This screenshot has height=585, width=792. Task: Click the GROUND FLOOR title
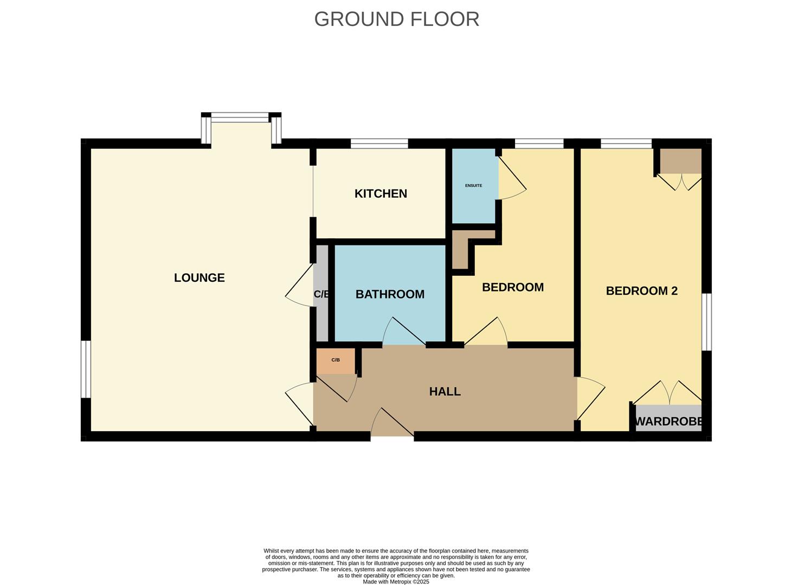pos(396,19)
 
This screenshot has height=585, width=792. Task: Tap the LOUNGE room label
pos(199,278)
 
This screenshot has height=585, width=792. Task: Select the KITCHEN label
pos(381,193)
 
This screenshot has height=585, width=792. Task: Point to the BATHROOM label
pos(390,294)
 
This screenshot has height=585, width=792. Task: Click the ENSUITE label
pos(473,186)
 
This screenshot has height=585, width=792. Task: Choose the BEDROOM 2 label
pos(641,291)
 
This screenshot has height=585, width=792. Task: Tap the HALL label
pos(445,392)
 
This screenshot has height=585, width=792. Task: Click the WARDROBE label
pos(669,421)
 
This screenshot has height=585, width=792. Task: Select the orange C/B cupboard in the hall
pos(336,361)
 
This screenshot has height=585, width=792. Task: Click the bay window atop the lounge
pos(241,118)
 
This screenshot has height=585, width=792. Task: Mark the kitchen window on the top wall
pos(379,143)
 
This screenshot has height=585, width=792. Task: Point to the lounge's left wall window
pos(86,369)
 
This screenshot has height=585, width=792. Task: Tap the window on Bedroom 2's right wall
pos(706,322)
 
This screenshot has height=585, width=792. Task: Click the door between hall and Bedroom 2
pos(590,398)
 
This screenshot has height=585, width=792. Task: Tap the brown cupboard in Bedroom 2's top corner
pos(680,161)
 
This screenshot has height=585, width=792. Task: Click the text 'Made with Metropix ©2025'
pos(396,582)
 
